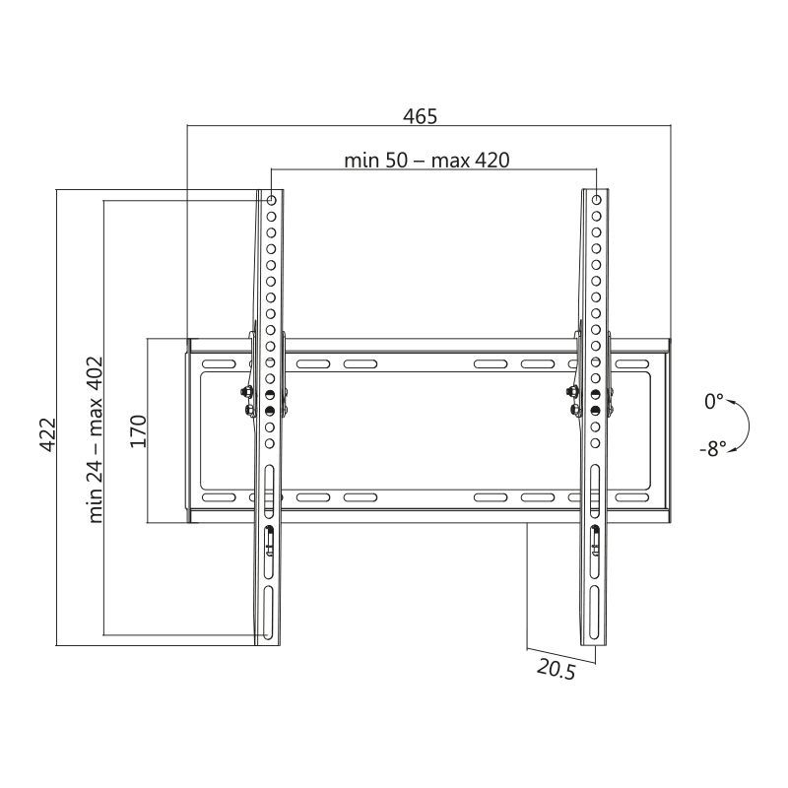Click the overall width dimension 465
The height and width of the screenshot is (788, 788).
(420, 115)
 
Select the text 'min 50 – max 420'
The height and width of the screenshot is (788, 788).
(427, 160)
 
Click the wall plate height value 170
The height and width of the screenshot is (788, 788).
(139, 431)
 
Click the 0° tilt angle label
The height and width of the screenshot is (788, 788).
(713, 401)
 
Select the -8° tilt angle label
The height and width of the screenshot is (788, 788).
(712, 448)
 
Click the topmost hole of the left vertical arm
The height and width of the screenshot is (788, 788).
(271, 200)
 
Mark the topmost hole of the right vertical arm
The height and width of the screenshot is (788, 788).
(595, 200)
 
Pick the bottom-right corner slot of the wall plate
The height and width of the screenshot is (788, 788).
(634, 497)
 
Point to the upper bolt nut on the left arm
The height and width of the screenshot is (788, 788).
(247, 392)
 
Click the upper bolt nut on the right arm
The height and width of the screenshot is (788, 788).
(571, 392)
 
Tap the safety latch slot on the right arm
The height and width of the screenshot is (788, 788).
(594, 538)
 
